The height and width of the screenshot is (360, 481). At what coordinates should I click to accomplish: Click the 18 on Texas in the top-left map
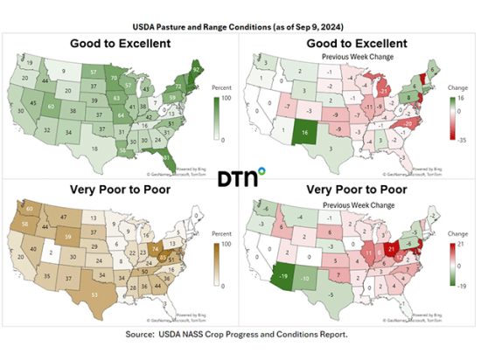point(94,149)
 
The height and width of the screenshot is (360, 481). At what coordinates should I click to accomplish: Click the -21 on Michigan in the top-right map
point(382,90)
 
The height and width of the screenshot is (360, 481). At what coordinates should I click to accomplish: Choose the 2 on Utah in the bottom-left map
point(50,254)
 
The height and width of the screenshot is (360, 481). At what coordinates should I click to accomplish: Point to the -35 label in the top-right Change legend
point(463,138)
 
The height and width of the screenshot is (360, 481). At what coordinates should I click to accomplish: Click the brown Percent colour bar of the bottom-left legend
point(216,263)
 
